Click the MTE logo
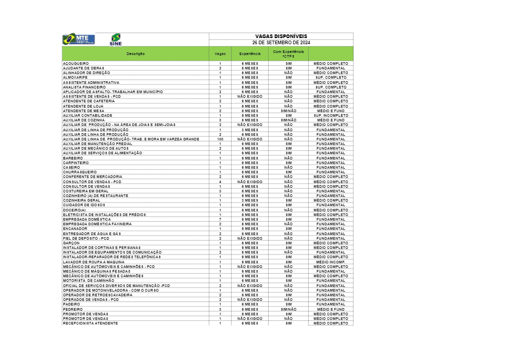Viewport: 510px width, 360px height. [78, 39]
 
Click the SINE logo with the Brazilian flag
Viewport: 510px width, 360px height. [116, 40]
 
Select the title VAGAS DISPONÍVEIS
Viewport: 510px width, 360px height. [281, 36]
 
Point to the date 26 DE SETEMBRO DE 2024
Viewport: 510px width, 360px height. [281, 42]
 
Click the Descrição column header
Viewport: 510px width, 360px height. [136, 53]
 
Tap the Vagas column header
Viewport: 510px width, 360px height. [220, 53]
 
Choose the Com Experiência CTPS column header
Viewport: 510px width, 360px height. [288, 53]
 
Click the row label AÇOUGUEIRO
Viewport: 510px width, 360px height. [76, 63]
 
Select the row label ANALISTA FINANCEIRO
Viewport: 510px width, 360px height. [84, 87]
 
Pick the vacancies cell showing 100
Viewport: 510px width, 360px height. [220, 139]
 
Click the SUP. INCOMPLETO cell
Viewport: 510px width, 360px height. [331, 115]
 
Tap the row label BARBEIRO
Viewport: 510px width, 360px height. [73, 158]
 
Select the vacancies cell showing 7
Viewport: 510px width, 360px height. [220, 219]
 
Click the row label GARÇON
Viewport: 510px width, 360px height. [72, 243]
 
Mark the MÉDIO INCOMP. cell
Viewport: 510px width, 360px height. [331, 262]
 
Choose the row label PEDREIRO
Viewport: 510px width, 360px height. [73, 309]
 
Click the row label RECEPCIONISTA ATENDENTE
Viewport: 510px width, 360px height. [90, 323]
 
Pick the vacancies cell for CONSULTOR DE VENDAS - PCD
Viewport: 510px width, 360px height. [220, 182]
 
